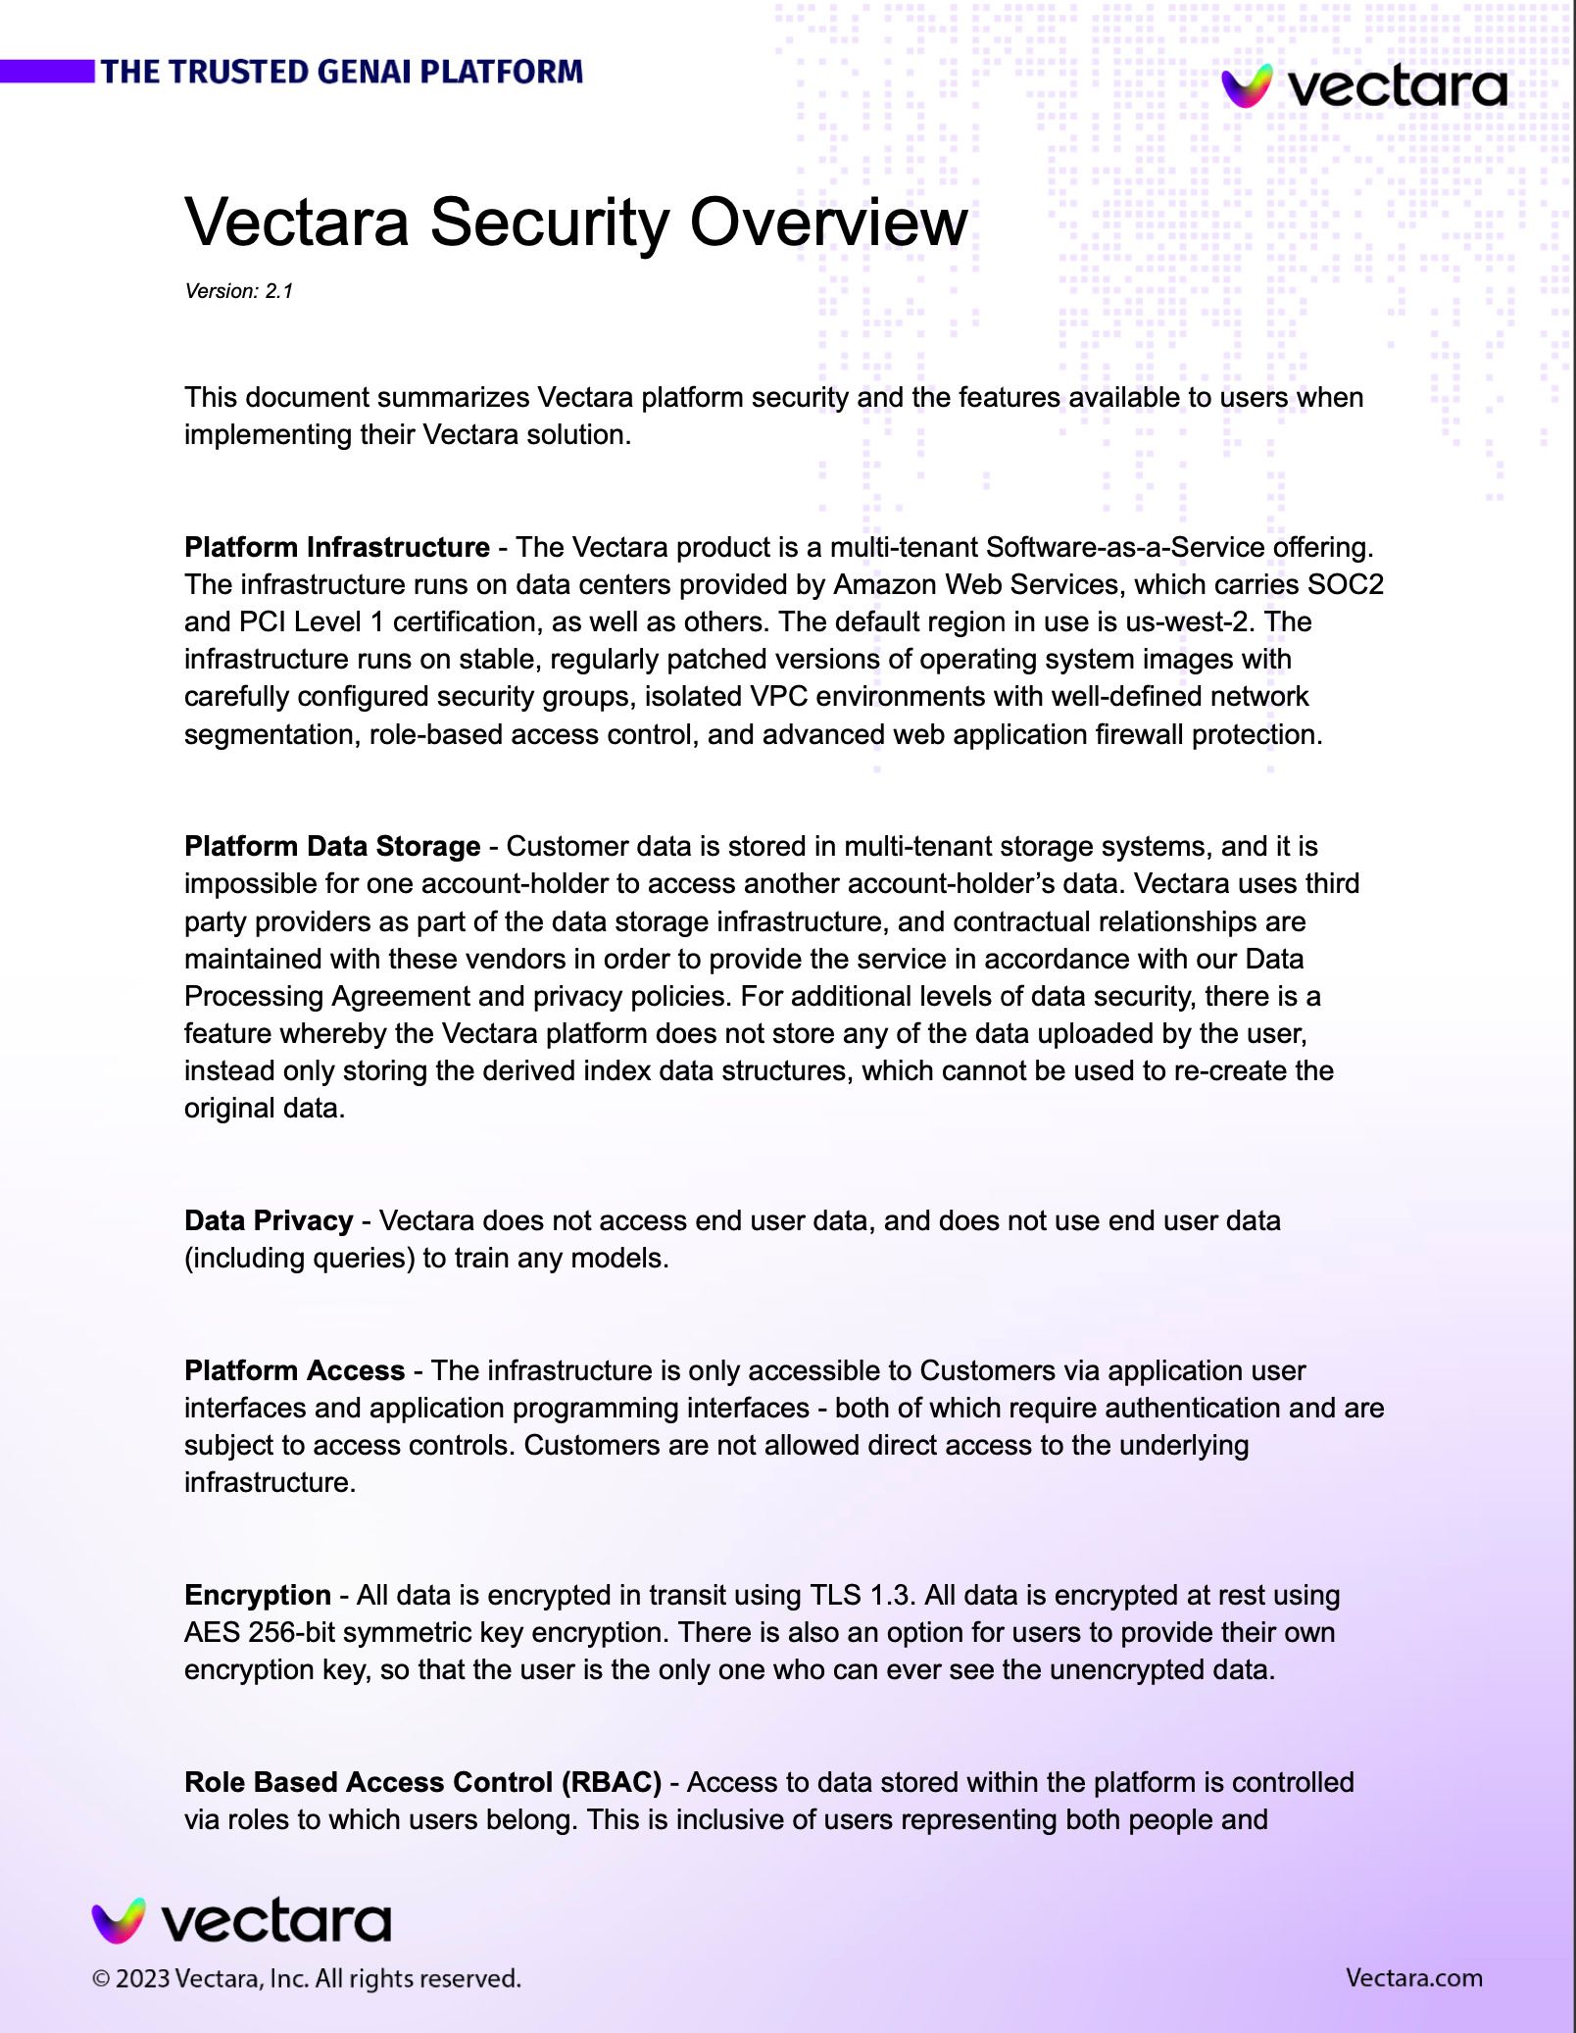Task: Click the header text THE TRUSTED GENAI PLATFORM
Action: click(x=341, y=72)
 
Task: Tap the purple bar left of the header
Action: click(x=47, y=72)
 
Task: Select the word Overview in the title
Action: click(x=828, y=222)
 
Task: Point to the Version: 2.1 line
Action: click(x=239, y=291)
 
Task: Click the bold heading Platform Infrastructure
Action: click(x=336, y=547)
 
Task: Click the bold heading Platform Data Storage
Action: click(x=332, y=846)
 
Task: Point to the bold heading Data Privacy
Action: click(x=269, y=1220)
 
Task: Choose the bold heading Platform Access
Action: click(x=294, y=1370)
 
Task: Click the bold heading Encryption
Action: click(x=257, y=1595)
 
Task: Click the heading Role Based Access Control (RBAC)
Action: click(x=422, y=1782)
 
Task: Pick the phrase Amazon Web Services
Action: click(x=975, y=584)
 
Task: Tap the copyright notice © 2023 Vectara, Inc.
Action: click(x=306, y=1978)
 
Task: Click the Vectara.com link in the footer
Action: click(x=1413, y=1977)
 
